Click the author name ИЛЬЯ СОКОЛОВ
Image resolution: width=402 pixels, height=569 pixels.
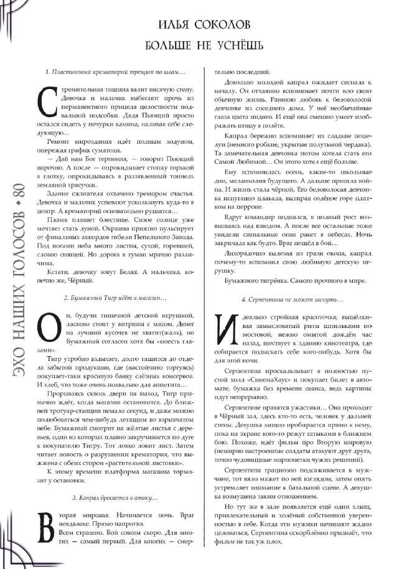pyautogui.click(x=205, y=25)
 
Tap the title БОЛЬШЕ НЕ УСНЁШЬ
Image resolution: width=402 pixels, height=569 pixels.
pyautogui.click(x=205, y=46)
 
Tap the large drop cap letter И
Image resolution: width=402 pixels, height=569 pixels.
pyautogui.click(x=223, y=326)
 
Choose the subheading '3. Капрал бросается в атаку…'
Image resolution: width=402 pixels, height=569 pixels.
pyautogui.click(x=116, y=498)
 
